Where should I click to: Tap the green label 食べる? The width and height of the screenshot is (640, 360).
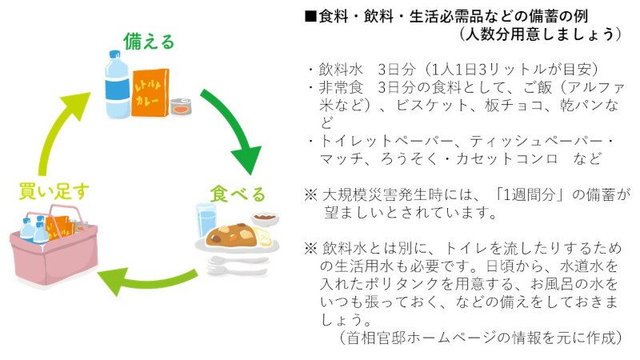(238, 193)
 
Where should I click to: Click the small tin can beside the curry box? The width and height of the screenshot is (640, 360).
(181, 106)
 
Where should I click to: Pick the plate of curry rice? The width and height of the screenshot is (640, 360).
(237, 235)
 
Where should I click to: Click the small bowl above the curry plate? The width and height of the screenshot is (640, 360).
(264, 217)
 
